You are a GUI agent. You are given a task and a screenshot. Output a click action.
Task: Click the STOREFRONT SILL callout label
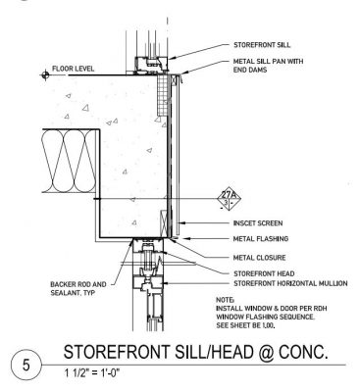262,45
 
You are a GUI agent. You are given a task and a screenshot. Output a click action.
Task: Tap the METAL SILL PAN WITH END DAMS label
268,66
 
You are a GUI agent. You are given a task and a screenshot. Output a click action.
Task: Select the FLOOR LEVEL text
73,69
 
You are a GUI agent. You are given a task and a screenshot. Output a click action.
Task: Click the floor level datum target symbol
45,75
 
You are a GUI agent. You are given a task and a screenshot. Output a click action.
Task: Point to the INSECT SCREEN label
258,223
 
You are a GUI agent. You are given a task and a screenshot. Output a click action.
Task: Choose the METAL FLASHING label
261,239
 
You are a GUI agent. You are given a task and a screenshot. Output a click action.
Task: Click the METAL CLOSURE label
259,258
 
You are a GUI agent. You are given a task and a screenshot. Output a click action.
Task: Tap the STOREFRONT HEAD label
264,273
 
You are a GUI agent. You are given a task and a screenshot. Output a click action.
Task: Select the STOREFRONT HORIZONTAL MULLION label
290,283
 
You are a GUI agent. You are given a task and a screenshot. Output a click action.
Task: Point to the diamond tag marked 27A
229,200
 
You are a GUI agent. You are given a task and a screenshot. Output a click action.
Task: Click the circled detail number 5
26,365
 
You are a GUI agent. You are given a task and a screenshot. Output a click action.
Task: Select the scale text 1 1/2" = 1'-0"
91,372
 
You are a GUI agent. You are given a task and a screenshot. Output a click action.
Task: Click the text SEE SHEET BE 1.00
245,325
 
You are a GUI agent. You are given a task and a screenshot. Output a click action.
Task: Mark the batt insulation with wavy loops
71,161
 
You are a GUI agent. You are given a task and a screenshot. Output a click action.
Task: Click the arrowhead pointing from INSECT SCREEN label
183,223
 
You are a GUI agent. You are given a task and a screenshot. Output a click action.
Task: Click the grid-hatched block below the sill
162,95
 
